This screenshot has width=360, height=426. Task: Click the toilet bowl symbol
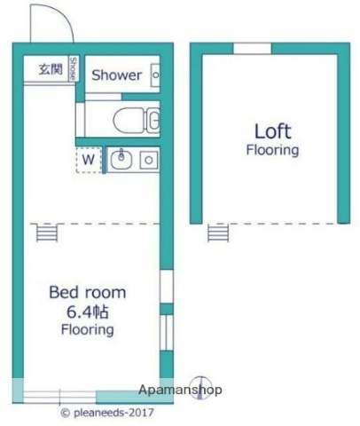(129, 121)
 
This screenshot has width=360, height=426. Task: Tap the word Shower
(116, 75)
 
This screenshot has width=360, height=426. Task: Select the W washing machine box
(89, 160)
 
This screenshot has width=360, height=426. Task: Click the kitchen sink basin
(121, 159)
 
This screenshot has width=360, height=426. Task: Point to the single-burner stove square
(149, 160)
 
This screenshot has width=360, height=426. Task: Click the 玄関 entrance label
(51, 69)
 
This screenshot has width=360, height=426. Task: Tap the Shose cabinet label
(73, 68)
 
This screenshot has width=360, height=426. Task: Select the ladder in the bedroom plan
(47, 233)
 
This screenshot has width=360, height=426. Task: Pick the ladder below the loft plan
(218, 233)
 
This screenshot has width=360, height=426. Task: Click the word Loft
(273, 131)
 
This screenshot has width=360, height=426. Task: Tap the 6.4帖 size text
(88, 312)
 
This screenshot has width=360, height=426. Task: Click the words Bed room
(88, 292)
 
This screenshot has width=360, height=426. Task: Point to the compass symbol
(200, 388)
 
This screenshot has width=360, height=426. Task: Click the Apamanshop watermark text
(180, 390)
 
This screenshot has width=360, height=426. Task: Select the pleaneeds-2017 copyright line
(107, 413)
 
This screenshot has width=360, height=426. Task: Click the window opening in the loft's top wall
(253, 49)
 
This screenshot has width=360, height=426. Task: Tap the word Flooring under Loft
(272, 150)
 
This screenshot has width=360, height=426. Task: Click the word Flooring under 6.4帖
(88, 329)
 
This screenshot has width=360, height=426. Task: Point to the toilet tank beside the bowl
(153, 120)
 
